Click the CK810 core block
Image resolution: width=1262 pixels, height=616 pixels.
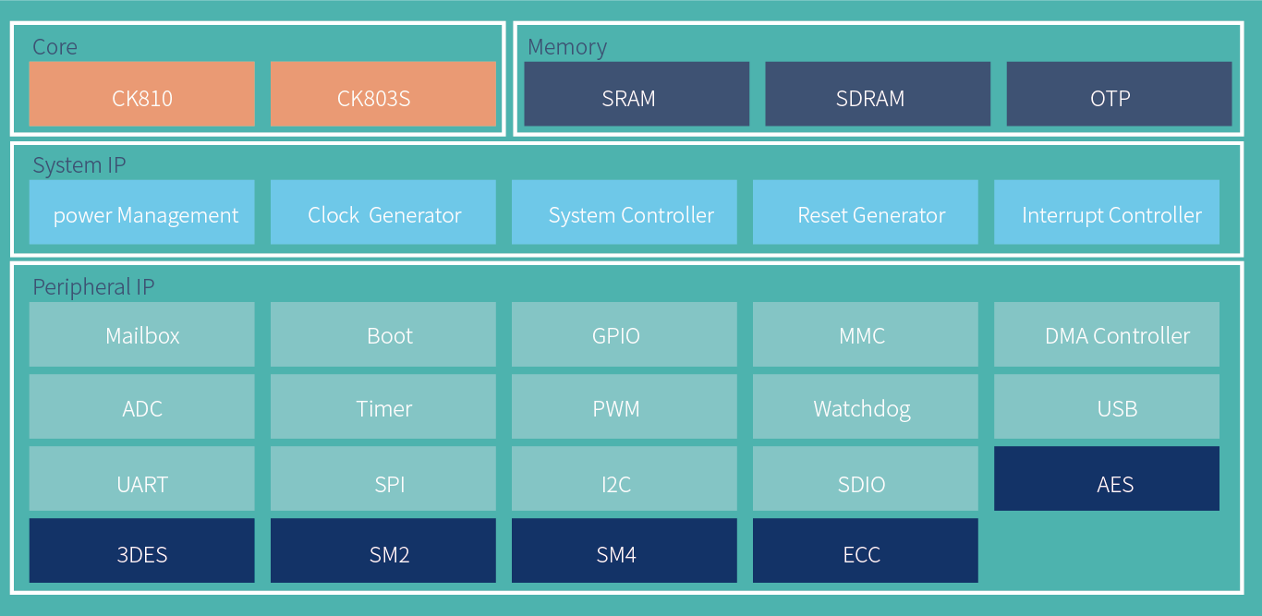142,94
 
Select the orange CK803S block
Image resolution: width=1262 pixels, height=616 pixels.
383,94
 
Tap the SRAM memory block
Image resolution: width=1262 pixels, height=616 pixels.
637,94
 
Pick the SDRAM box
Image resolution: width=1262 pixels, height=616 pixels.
878,94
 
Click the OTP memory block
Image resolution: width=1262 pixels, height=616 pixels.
1119,94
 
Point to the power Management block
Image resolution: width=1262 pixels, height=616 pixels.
142,212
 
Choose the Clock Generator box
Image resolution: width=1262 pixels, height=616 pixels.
383,212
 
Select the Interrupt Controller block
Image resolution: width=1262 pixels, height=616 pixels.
1107,212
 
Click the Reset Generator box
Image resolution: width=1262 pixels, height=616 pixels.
866,212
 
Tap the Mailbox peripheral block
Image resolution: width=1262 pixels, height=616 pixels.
142,334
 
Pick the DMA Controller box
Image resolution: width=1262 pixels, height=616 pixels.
1107,334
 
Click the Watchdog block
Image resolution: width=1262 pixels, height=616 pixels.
866,406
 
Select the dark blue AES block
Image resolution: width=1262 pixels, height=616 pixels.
1107,478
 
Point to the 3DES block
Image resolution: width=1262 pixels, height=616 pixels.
142,550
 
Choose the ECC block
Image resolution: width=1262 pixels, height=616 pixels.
866,550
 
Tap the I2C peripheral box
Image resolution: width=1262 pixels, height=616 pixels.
625,478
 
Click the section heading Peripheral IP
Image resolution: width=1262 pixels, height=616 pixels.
93,287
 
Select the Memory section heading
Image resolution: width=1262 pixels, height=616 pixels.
567,47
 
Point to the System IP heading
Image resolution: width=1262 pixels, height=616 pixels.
79,165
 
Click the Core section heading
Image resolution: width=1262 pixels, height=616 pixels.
55,47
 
